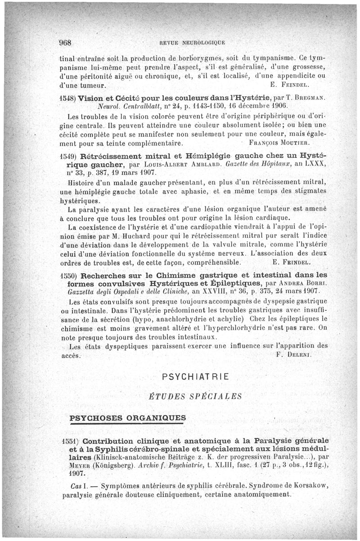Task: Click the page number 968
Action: [66, 43]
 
